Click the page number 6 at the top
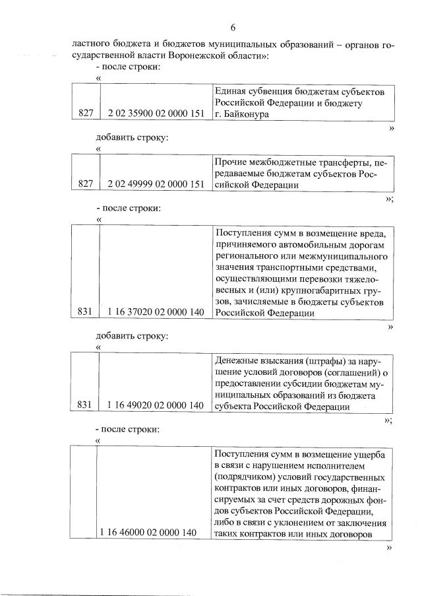pyautogui.click(x=233, y=27)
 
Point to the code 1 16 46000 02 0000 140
pyautogui.click(x=148, y=532)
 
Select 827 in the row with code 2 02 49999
pyautogui.click(x=86, y=185)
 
